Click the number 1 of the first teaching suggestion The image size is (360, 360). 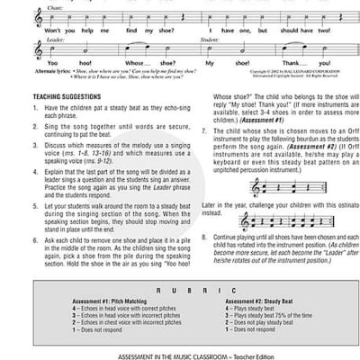point(21,131)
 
